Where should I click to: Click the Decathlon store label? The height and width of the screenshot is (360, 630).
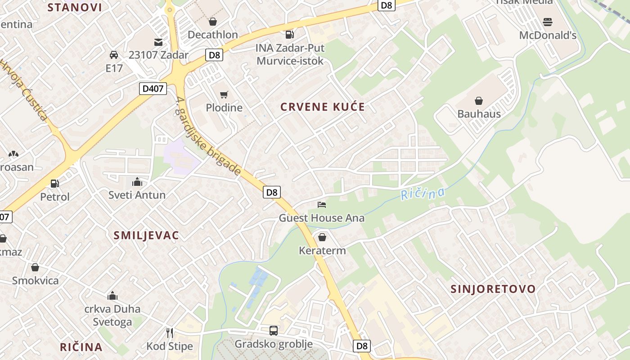click(x=212, y=35)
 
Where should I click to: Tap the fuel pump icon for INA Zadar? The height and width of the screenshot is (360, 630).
click(x=290, y=34)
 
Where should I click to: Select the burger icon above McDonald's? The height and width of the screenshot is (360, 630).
click(x=548, y=22)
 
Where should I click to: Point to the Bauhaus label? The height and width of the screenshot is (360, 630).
click(x=479, y=114)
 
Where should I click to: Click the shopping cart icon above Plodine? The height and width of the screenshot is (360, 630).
click(x=224, y=94)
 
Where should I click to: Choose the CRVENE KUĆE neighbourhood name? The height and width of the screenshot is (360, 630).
click(x=322, y=107)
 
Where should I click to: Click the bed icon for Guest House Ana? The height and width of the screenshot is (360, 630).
click(x=322, y=205)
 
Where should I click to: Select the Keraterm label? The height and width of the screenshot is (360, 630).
click(x=322, y=250)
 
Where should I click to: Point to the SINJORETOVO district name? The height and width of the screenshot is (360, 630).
click(x=493, y=289)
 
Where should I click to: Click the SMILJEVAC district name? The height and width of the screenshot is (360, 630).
click(x=146, y=235)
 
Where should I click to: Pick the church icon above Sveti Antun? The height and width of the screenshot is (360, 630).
click(x=137, y=182)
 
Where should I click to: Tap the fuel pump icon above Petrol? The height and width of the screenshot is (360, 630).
click(x=55, y=184)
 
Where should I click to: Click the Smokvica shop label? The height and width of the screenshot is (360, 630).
click(x=35, y=280)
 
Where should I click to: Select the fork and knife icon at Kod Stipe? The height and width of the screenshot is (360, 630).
click(x=170, y=333)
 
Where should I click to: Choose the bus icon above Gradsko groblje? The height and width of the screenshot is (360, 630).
click(x=274, y=331)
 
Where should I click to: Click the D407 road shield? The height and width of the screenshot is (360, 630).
click(x=153, y=89)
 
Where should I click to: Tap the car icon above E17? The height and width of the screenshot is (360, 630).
click(x=114, y=55)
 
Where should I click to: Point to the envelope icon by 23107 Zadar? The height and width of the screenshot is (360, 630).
click(x=158, y=42)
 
